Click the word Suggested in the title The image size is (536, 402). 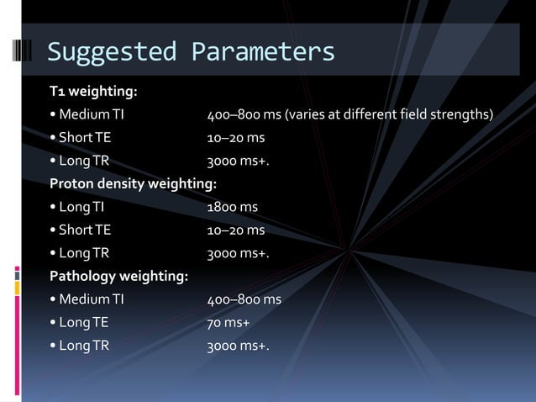click(110, 52)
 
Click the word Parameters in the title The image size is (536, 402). click(263, 52)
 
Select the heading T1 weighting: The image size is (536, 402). click(92, 91)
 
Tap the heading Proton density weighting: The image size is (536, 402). click(132, 182)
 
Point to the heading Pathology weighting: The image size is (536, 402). click(118, 274)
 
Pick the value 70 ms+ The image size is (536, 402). click(229, 320)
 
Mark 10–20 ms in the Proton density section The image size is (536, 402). click(236, 229)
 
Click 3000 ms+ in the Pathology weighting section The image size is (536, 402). click(239, 343)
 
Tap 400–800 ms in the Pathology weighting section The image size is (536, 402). click(244, 298)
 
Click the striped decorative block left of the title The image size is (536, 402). click(24, 50)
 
